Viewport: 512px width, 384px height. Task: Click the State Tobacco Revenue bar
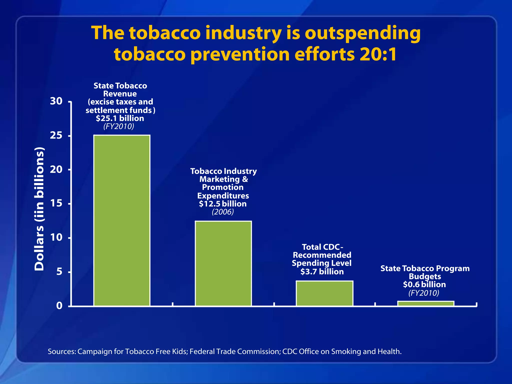point(122,220)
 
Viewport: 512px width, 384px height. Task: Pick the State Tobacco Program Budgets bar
point(426,303)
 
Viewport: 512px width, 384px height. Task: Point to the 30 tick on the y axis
point(56,101)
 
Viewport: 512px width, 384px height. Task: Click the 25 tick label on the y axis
point(56,135)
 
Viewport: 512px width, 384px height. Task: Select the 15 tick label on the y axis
point(56,203)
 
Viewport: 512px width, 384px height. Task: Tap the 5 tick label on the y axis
point(59,271)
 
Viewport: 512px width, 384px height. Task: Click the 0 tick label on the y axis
point(59,305)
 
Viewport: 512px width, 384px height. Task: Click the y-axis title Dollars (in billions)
point(39,209)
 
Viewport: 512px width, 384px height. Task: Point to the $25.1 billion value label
point(120,118)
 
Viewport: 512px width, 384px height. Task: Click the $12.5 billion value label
point(223,204)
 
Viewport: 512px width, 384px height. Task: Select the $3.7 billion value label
point(322,271)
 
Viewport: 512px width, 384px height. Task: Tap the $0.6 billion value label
point(424,284)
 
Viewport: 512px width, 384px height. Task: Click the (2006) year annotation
point(223,212)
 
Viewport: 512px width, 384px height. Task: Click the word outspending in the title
point(362,33)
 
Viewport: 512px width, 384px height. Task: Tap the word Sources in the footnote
point(61,351)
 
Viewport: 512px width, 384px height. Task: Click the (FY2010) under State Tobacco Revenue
point(119,126)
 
